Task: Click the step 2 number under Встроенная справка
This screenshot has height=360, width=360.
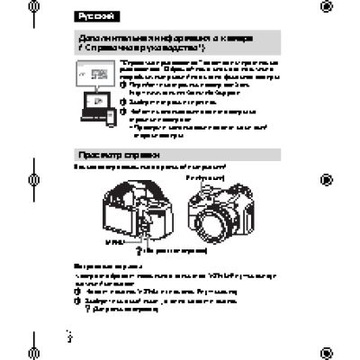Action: coord(77,301)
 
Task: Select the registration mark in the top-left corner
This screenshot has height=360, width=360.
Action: coord(33,10)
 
